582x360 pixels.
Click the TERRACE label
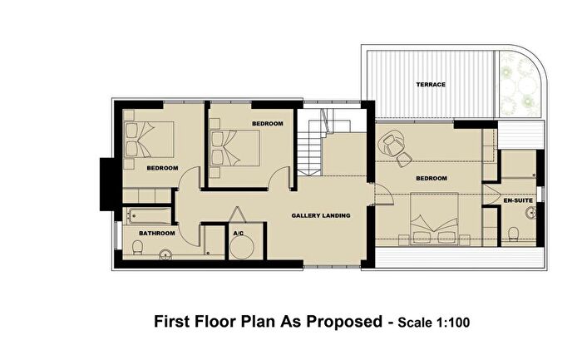(431, 85)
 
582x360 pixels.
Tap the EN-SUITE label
(516, 200)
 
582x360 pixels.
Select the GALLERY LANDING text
(320, 216)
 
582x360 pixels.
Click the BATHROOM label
(157, 234)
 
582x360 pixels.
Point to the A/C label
(238, 234)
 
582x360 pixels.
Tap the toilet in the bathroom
(133, 249)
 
